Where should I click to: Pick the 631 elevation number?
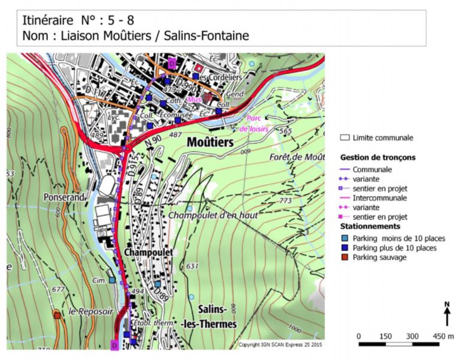pyautogui.click(x=192, y=266)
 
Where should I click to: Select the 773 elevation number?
pyautogui.click(x=285, y=200)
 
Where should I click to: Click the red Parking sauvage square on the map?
pyautogui.click(x=57, y=314)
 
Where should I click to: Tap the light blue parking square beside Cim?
pyautogui.click(x=112, y=280)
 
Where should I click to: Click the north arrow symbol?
pyautogui.click(x=447, y=314)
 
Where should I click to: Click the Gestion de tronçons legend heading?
pyautogui.click(x=378, y=157)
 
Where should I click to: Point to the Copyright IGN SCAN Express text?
pyautogui.click(x=280, y=345)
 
